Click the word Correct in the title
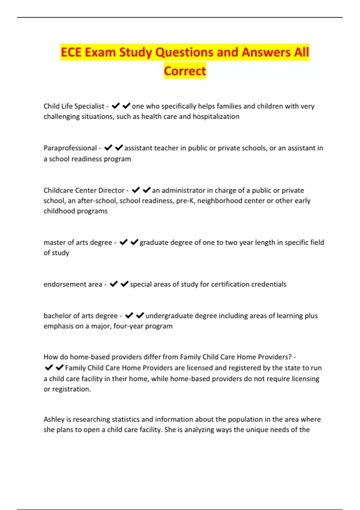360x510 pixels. pyautogui.click(x=185, y=71)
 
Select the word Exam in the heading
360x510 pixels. pyautogui.click(x=100, y=52)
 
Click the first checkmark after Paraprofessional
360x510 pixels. pyautogui.click(x=108, y=148)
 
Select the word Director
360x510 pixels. pyautogui.click(x=111, y=190)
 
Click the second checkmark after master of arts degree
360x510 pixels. pyautogui.click(x=134, y=242)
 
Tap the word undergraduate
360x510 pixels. pyautogui.click(x=169, y=316)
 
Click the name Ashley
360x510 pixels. pyautogui.click(x=53, y=419)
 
